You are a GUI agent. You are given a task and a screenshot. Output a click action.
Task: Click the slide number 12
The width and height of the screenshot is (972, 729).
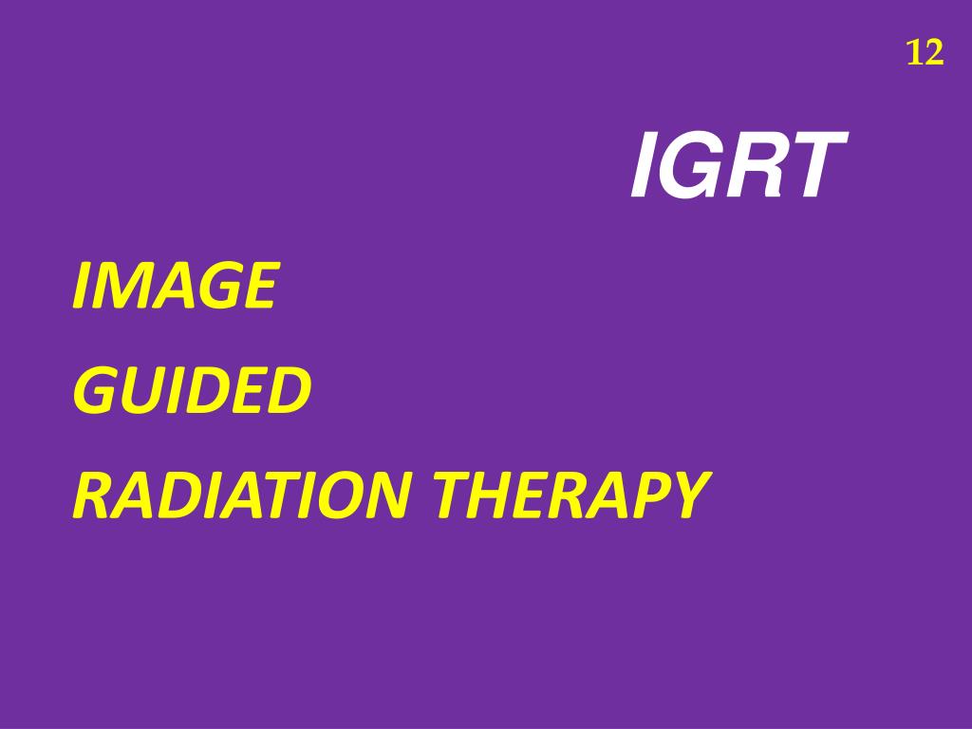coord(925,54)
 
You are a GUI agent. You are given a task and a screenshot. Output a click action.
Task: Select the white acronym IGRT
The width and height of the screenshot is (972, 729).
coord(737,167)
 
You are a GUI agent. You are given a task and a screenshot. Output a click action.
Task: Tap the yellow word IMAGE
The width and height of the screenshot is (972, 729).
coord(175,287)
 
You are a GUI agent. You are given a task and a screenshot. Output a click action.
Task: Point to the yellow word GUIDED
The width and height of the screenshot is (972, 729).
coord(192,391)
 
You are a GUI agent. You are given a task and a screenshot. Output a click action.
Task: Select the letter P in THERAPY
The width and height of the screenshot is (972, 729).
coord(651,495)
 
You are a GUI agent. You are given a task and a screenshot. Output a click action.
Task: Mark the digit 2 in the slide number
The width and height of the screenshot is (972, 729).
coord(934,54)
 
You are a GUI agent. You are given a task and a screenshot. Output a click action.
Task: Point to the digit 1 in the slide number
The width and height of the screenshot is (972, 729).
coord(915,54)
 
